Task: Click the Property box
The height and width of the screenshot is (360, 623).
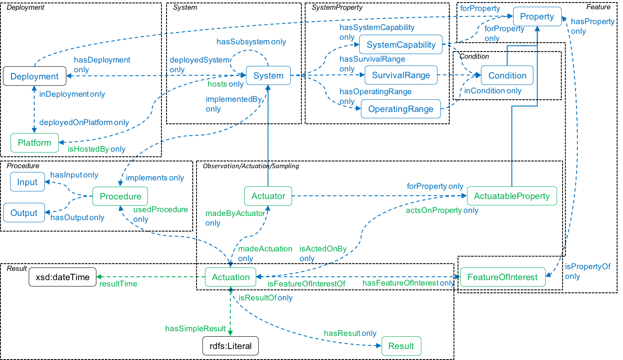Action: point(537,17)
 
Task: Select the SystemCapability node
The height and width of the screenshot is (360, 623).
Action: point(401,45)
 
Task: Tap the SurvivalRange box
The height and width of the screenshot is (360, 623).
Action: point(401,76)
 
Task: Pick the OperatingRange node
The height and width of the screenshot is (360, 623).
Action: point(400,109)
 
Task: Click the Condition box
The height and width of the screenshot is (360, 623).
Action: point(507,76)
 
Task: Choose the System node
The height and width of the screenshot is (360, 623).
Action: point(268,76)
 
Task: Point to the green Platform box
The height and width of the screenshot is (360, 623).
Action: point(34,143)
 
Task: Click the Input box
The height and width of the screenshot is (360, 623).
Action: point(27,182)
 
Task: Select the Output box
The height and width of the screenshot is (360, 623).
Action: point(24,213)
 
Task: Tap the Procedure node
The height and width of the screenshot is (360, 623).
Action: point(120,196)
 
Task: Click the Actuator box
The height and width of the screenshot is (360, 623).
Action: point(268,196)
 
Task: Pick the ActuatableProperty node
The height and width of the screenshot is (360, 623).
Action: point(511,196)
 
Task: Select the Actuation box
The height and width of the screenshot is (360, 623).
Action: point(230,277)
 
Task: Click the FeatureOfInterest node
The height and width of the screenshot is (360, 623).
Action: point(502,277)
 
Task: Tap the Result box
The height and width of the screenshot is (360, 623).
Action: point(401,346)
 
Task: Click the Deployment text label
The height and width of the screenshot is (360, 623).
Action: point(34,76)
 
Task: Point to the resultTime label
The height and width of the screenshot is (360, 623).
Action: point(118,284)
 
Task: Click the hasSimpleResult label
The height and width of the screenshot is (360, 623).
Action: point(195,328)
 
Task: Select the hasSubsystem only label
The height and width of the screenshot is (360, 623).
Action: point(251,42)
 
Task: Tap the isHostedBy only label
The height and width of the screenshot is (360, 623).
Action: point(96,149)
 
